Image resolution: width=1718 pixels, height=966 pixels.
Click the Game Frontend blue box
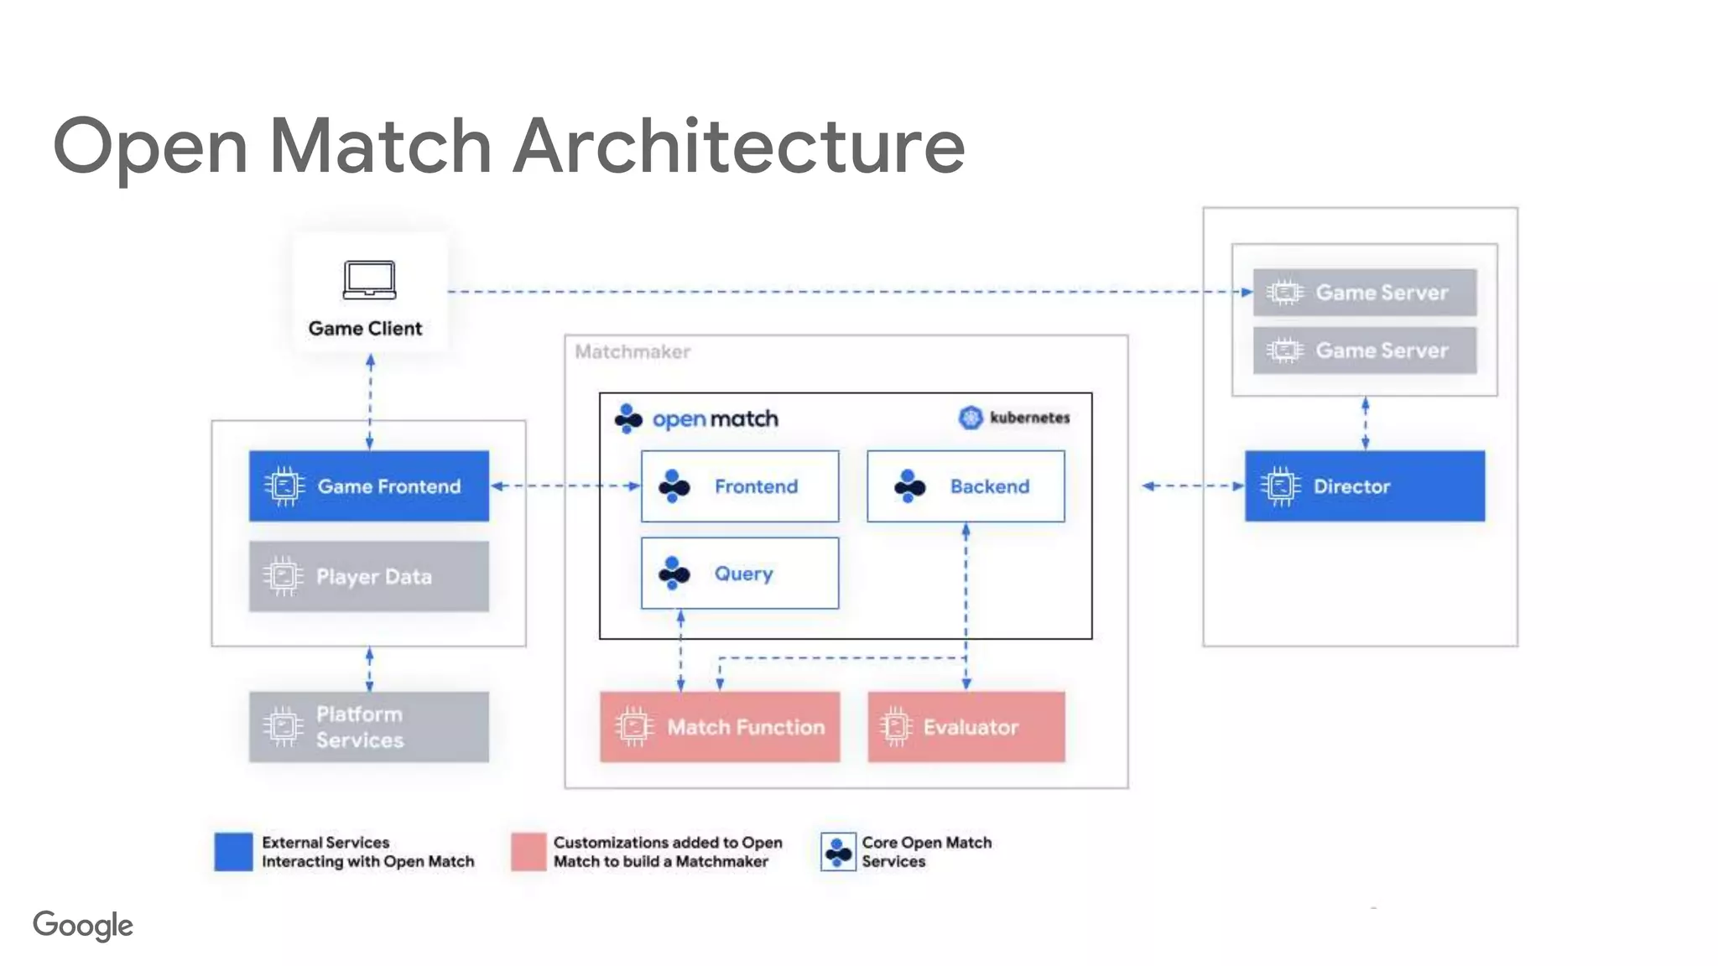point(368,486)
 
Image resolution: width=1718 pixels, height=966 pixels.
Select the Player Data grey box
point(368,576)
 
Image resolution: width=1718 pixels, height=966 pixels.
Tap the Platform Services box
point(368,726)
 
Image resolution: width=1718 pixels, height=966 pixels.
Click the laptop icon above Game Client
point(369,280)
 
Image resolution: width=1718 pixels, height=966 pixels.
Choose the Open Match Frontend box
point(739,486)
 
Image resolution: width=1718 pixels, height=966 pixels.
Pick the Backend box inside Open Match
point(966,486)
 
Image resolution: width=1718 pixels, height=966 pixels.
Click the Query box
point(739,574)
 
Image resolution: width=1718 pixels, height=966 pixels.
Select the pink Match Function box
point(720,726)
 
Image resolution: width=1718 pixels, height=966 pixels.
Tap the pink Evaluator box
point(966,726)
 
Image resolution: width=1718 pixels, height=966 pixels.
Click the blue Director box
point(1364,486)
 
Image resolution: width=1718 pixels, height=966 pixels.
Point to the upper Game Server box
point(1364,292)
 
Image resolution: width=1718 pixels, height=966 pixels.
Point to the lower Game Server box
point(1364,350)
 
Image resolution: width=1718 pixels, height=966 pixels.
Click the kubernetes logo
point(971,418)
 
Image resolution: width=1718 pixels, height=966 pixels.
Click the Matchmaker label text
point(633,352)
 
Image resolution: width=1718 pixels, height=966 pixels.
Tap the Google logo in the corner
point(83,925)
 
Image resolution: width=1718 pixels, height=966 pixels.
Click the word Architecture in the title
point(738,146)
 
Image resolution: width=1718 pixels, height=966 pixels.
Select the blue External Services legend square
point(233,851)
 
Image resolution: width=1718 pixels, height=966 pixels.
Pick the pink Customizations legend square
point(528,851)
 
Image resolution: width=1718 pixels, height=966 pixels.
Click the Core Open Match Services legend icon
point(838,852)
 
